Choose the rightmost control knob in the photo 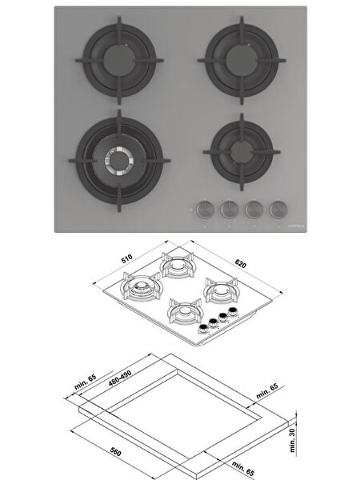[278, 208]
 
